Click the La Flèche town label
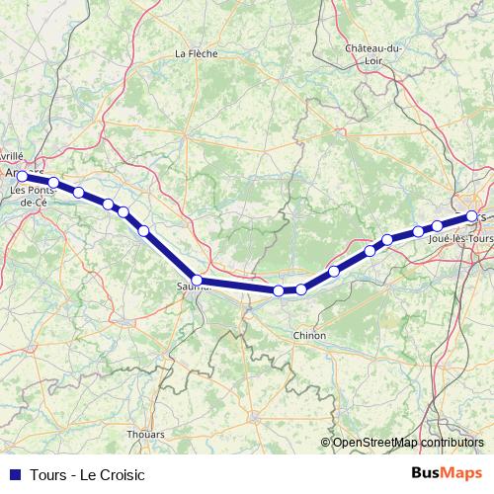coord(195,53)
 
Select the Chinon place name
coord(309,336)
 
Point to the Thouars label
coord(145,433)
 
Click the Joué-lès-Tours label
coord(461,239)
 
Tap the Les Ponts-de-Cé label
coord(35,195)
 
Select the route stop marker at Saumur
coord(197,281)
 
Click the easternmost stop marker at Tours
coord(472,215)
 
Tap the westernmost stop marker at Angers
coord(22,176)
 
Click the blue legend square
coord(14,474)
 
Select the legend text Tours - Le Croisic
coord(87,474)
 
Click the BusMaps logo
coord(447,473)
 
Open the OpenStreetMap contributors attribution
coord(408,443)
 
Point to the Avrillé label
coord(11,156)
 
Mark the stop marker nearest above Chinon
coord(300,289)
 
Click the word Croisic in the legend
coord(122,474)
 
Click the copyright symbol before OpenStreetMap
coord(326,443)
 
